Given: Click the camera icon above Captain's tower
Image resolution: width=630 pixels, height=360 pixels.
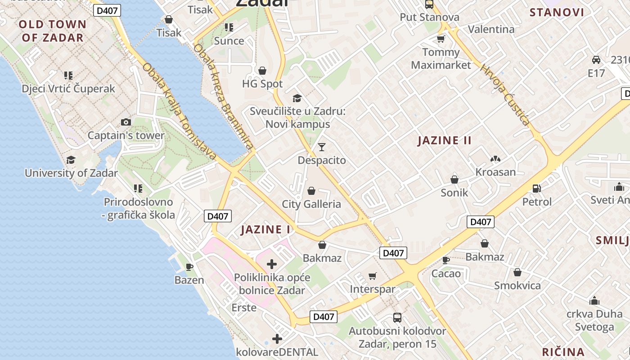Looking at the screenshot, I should point(126,122).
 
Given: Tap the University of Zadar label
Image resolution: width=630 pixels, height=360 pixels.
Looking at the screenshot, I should point(71,173).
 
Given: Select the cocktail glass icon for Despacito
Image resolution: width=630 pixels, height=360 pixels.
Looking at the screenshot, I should point(321,147).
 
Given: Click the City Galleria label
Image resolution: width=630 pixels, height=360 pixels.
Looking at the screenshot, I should point(311,204).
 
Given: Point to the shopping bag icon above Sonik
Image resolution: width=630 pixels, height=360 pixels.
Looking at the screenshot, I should point(454,179).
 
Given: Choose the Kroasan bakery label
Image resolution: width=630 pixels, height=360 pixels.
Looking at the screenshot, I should point(495,172).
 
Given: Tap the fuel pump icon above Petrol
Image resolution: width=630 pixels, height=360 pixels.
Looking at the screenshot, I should point(536,189).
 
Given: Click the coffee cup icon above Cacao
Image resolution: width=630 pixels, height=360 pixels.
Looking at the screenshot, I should point(446,260).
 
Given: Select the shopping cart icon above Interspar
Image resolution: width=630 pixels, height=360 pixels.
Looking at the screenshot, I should point(372,276).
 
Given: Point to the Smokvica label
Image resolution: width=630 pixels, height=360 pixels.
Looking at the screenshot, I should point(517,285).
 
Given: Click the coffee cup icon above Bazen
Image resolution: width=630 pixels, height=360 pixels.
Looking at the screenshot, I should point(189,267).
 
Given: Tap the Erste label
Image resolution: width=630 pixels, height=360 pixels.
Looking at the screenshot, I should point(244,308).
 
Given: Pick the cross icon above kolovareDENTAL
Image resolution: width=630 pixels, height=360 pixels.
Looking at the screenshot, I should point(277,338).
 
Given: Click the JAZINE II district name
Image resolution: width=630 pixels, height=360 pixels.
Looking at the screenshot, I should point(445,140).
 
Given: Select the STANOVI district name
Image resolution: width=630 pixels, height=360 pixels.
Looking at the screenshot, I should point(557,12).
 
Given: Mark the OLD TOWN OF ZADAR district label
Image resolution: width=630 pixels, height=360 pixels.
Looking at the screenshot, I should point(53,31).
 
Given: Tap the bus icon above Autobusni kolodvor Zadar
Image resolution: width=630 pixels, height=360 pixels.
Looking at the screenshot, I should point(397,318).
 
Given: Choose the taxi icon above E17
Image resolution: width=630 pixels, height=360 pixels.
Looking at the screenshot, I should point(596,60).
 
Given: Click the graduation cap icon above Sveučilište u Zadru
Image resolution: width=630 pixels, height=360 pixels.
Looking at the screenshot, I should point(297,98).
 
